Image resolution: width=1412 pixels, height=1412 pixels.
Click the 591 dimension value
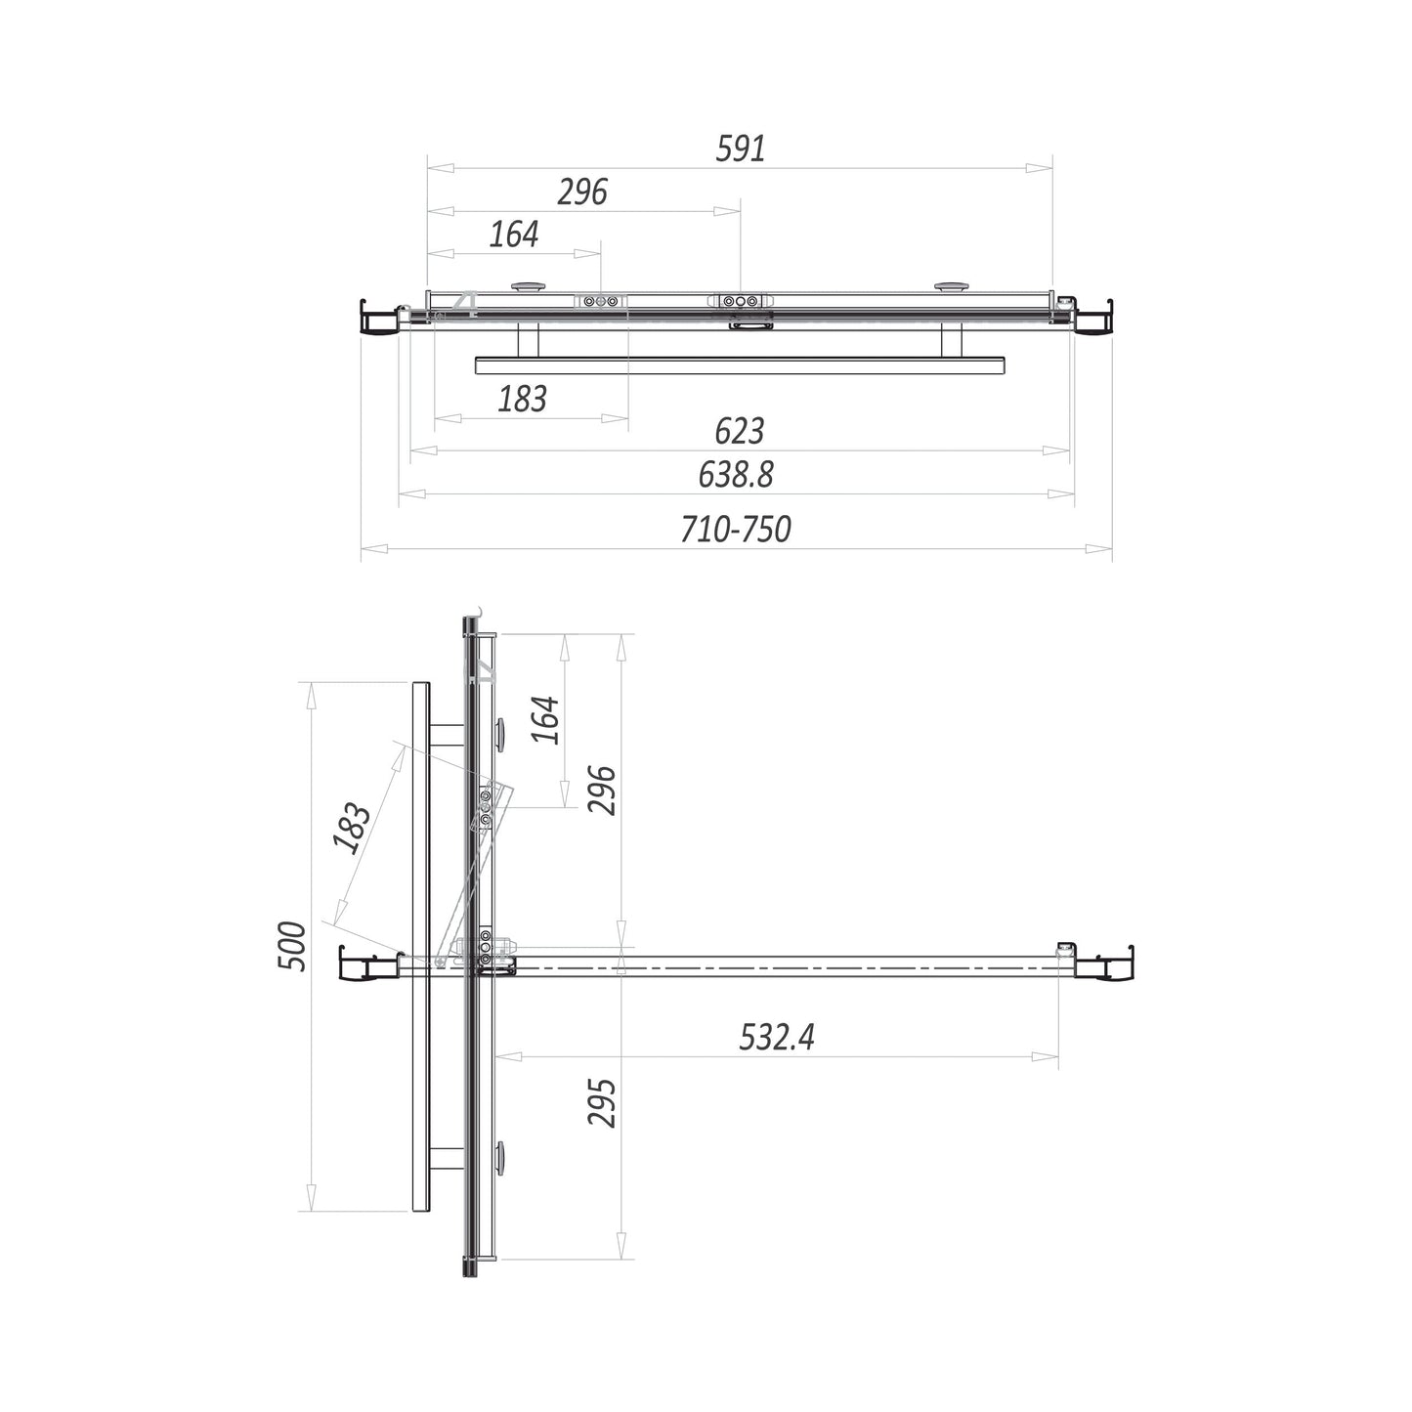pyautogui.click(x=741, y=149)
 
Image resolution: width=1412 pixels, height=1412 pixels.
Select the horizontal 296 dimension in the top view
pyautogui.click(x=582, y=192)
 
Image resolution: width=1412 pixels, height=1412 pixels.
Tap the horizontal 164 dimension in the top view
pyautogui.click(x=514, y=235)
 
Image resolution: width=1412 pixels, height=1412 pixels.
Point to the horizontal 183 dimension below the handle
pyautogui.click(x=523, y=399)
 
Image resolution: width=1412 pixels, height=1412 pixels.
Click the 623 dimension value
pyautogui.click(x=739, y=431)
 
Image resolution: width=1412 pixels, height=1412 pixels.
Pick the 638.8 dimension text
pyautogui.click(x=736, y=475)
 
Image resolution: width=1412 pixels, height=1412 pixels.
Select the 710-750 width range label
pyautogui.click(x=736, y=530)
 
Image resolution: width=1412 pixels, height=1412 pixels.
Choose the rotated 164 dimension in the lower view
pyautogui.click(x=547, y=720)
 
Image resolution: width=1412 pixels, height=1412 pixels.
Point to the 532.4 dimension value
pyautogui.click(x=777, y=1037)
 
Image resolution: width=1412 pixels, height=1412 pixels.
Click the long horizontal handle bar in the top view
pyautogui.click(x=740, y=365)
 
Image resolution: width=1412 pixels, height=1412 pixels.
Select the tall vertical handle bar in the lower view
pyautogui.click(x=420, y=946)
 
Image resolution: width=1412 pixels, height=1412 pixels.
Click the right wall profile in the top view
pyautogui.click(x=1093, y=319)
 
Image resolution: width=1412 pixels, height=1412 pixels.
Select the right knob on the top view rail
pyautogui.click(x=949, y=286)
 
